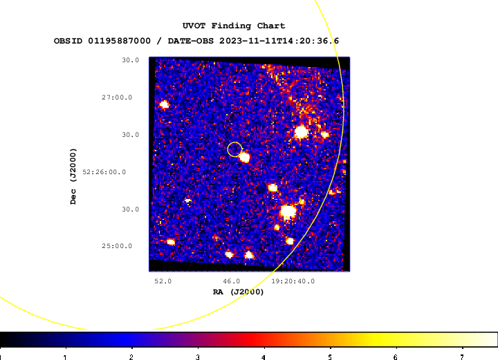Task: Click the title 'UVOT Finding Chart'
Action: pos(234,26)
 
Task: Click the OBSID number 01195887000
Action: pos(120,41)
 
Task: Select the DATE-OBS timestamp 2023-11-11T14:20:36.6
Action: pos(279,41)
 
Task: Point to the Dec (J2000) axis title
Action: pos(73,176)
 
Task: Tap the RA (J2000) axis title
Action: pos(238,292)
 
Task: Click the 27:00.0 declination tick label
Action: pos(117,97)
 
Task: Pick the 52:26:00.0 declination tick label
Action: pos(104,172)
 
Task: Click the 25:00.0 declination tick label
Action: pos(117,246)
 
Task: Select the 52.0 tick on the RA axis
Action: pos(163,281)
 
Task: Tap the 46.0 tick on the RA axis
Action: pos(232,281)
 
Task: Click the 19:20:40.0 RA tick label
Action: pos(293,281)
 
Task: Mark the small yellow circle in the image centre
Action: pos(234,142)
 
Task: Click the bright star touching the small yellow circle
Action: pos(244,157)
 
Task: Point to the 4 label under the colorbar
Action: pos(264,357)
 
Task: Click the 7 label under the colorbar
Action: pos(462,357)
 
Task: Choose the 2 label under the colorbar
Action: pos(131,357)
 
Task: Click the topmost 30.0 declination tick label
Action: pos(131,60)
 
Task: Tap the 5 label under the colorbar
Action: pos(330,357)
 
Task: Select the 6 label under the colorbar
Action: pos(396,357)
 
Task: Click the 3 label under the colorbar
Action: pos(197,357)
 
